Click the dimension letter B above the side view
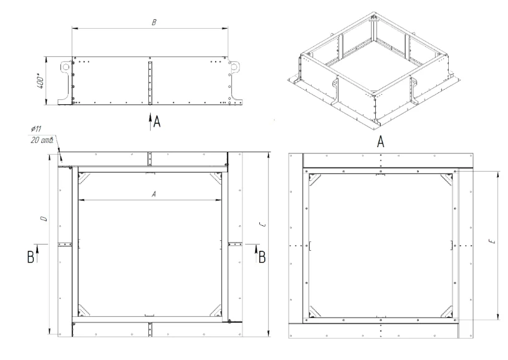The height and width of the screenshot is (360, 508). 154,22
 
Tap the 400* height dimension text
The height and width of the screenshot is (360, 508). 41,82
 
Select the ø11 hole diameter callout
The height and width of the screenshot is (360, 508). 36,129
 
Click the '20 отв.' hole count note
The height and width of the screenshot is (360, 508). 42,140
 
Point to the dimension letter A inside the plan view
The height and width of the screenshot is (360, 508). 154,194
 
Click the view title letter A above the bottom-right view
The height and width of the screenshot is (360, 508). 381,142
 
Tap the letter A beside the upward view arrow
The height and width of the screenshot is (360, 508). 157,122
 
